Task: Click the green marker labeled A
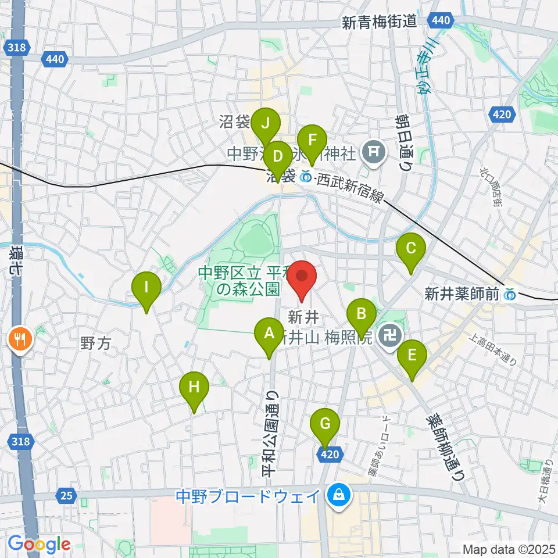pyautogui.click(x=269, y=334)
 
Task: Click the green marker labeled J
pyautogui.click(x=266, y=124)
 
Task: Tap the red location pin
pyautogui.click(x=302, y=277)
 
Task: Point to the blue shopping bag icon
pyautogui.click(x=337, y=495)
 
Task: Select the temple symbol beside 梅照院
pyautogui.click(x=387, y=334)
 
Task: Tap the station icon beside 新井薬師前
pyautogui.click(x=510, y=295)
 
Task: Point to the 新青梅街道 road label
pyautogui.click(x=379, y=23)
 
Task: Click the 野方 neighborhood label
pyautogui.click(x=95, y=344)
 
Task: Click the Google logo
pyautogui.click(x=39, y=545)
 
